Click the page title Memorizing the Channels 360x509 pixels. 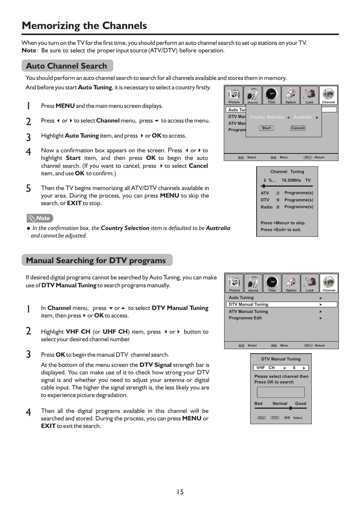tap(84, 26)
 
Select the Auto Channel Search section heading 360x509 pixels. tap(67, 66)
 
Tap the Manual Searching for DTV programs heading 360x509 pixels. tap(96, 261)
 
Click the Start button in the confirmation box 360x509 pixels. tap(266, 128)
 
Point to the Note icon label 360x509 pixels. tap(40, 218)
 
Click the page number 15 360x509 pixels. tap(180, 492)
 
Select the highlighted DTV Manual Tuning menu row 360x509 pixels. tap(281, 305)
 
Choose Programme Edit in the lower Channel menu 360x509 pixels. tap(245, 318)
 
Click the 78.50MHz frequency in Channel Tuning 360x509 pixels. tap(291, 181)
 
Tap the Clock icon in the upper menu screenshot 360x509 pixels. tap(271, 94)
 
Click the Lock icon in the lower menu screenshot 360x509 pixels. tap(310, 282)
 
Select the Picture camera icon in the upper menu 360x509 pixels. tap(234, 94)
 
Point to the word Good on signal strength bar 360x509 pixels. tap(300, 403)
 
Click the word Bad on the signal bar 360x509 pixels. tap(258, 403)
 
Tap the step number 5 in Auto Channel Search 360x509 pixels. tap(28, 189)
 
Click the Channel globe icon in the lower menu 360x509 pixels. tap(329, 282)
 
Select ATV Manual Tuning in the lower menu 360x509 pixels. tap(248, 312)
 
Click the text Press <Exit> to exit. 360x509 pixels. tap(281, 230)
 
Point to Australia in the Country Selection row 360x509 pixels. tap(303, 117)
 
